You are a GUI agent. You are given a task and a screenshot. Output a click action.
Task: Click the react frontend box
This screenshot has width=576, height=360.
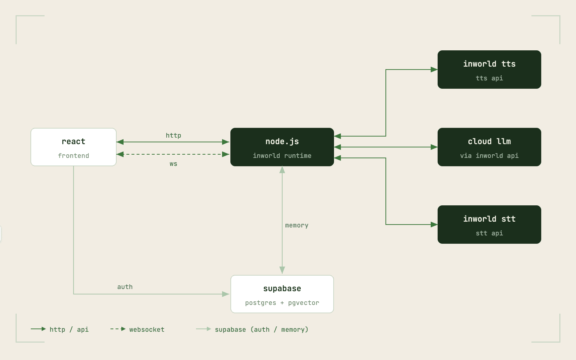coord(74,147)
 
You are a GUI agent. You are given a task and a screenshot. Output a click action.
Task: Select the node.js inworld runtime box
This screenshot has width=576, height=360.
coord(282,147)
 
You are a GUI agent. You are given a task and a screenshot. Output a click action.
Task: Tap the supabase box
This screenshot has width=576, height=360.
coord(282,294)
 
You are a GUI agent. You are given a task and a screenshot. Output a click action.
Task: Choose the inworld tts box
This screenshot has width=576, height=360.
coord(489,70)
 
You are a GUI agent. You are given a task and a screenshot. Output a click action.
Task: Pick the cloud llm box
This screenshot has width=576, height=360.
coord(489,147)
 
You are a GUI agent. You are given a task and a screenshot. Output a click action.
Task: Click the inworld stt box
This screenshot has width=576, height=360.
coord(489,225)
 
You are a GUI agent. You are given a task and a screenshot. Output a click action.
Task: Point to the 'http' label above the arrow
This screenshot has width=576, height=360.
coord(174,135)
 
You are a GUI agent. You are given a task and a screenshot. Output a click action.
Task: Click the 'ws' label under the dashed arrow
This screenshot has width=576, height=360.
coord(174,164)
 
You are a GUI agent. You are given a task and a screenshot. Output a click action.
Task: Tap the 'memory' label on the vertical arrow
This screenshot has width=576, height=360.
coord(297,225)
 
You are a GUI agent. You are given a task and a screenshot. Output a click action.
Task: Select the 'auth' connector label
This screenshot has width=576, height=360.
coord(125,287)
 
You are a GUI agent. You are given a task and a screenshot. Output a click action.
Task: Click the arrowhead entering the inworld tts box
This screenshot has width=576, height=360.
coord(434,70)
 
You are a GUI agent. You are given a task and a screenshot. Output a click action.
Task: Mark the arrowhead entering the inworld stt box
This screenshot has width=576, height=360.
coord(434,225)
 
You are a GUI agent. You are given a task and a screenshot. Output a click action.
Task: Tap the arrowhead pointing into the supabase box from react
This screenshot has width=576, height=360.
coord(226,294)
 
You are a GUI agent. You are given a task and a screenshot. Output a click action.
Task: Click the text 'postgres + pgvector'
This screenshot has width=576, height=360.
coord(282,303)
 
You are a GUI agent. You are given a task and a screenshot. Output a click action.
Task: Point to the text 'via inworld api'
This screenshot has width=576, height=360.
coord(489,156)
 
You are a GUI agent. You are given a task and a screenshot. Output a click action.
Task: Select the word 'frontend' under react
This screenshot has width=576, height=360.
coord(74,156)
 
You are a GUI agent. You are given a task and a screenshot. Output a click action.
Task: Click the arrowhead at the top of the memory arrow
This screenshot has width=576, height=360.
coord(282,170)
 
